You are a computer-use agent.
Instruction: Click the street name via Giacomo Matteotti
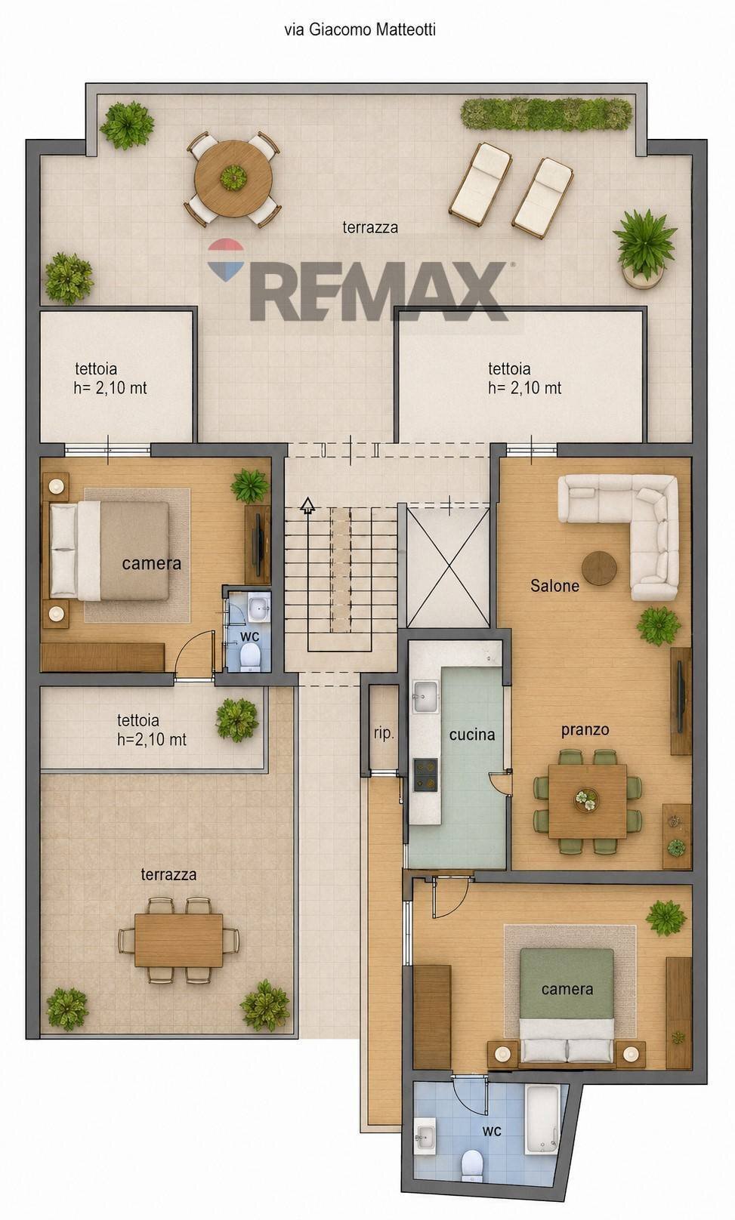click(x=360, y=29)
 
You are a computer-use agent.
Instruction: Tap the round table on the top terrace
click(x=233, y=179)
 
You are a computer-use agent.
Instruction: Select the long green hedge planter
click(x=546, y=115)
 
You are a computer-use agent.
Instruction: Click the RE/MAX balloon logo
click(x=226, y=259)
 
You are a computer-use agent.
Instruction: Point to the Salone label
click(x=554, y=586)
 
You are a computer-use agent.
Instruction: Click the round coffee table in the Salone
click(x=599, y=568)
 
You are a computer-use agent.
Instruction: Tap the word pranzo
click(x=585, y=730)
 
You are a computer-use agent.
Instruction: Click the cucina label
click(x=472, y=735)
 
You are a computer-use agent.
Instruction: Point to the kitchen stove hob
click(x=425, y=775)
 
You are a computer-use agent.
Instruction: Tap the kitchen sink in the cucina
click(x=425, y=697)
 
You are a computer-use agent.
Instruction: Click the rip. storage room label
click(x=384, y=734)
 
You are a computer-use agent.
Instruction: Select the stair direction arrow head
click(x=308, y=505)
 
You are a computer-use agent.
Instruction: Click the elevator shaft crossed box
click(x=448, y=567)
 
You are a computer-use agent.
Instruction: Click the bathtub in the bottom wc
click(x=542, y=1120)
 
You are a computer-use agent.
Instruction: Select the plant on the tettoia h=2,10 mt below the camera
click(x=237, y=720)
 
